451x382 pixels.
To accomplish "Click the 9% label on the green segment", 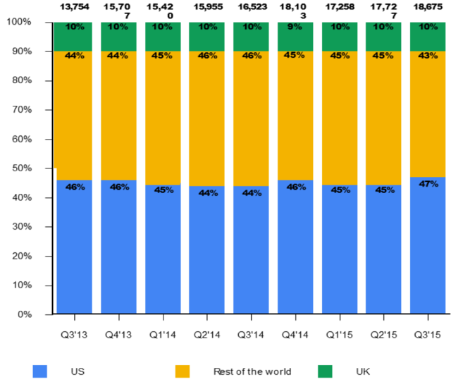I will pos(295,27).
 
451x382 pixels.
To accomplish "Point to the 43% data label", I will pos(428,56).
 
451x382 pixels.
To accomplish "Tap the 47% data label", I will pos(428,184).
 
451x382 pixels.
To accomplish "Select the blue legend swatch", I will pos(40,371).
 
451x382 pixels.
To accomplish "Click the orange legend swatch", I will pos(183,371).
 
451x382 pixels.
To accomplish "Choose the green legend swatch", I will pos(325,371).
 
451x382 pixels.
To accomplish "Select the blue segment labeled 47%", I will pos(428,247).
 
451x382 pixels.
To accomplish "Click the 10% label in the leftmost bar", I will pos(75,27).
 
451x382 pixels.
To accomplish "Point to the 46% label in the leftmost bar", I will pos(75,187).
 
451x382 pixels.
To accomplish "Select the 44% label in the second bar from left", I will pos(118,56).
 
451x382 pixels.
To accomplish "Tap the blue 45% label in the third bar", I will pos(163,190).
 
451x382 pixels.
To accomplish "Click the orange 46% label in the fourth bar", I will pos(207,56).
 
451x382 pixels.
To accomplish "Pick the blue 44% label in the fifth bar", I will pos(252,193).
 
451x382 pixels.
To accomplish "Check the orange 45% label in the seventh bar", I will pos(340,56).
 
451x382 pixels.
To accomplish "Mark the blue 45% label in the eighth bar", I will pos(384,190).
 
